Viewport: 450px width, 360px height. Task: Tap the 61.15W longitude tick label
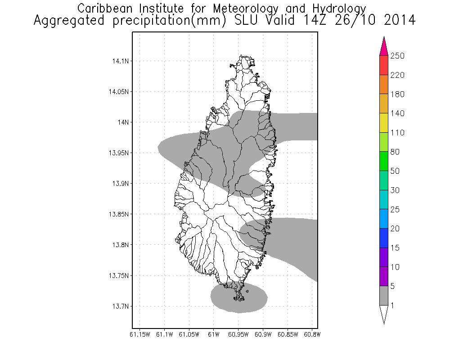pos(139,334)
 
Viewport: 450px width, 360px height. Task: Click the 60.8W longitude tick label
pos(311,334)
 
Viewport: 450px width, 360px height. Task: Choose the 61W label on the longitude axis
pos(214,334)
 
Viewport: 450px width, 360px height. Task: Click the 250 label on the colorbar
pos(398,56)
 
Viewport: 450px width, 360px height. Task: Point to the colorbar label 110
pos(398,133)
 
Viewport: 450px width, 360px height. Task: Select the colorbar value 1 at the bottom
pos(392,306)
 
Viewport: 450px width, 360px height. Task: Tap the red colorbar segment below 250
pos(383,65)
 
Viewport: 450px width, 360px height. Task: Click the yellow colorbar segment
pos(383,123)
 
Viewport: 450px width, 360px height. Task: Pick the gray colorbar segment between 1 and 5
pos(383,296)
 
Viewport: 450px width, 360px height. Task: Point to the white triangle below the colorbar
pos(383,314)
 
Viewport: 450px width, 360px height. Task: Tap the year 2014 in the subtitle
pos(396,21)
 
